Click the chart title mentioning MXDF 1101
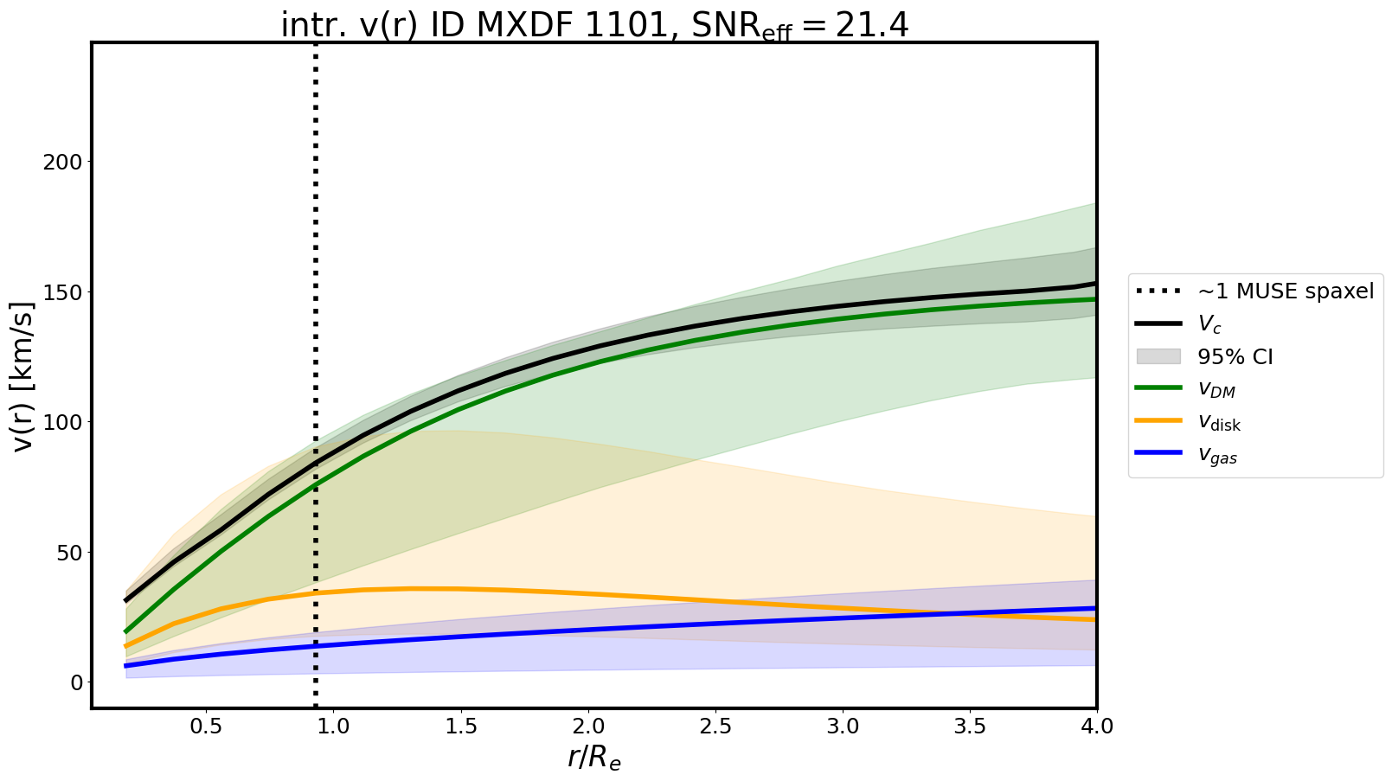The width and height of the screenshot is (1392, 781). [594, 26]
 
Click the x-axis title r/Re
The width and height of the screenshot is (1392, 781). [594, 758]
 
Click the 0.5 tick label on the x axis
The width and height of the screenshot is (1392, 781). [206, 727]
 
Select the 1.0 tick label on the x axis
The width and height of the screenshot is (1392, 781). [333, 727]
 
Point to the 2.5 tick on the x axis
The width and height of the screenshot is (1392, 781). [715, 727]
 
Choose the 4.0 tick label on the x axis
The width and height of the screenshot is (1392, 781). [1096, 727]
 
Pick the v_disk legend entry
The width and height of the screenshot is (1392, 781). [1219, 423]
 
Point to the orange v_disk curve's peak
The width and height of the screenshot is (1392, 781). [411, 589]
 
